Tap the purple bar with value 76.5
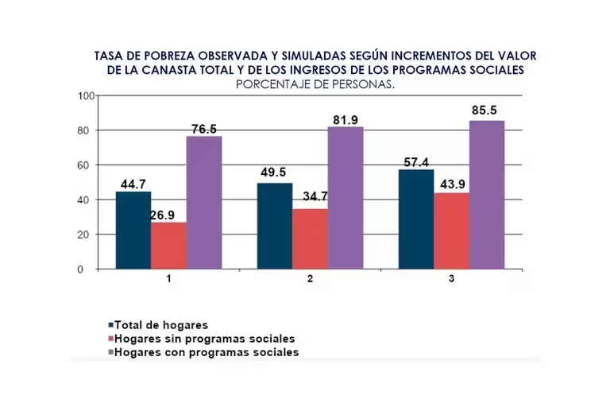pyautogui.click(x=204, y=203)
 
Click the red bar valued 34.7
pyautogui.click(x=310, y=239)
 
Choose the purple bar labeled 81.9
pyautogui.click(x=346, y=198)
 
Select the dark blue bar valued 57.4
pyautogui.click(x=416, y=219)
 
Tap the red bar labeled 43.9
pyautogui.click(x=451, y=231)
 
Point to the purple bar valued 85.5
pyautogui.click(x=487, y=195)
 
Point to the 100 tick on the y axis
pyautogui.click(x=86, y=95)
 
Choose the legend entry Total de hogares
pyautogui.click(x=161, y=325)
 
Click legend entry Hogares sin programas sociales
pyautogui.click(x=204, y=339)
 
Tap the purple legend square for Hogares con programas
pyautogui.click(x=110, y=352)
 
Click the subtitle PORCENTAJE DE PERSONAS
pyautogui.click(x=315, y=83)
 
